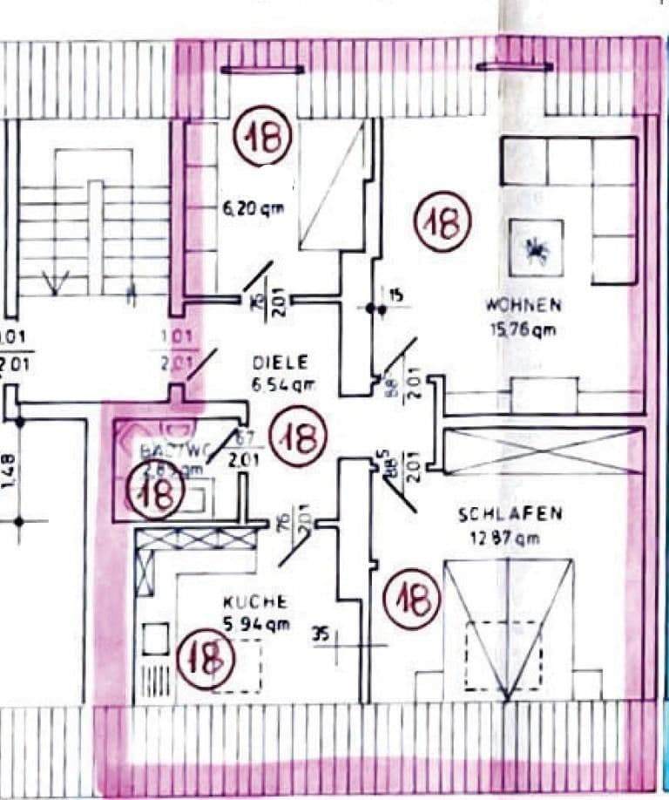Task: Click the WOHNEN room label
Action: click(x=524, y=306)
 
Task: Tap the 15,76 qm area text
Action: click(x=522, y=330)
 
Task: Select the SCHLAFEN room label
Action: click(x=510, y=514)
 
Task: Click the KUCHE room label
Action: click(x=254, y=601)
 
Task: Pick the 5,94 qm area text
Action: click(x=255, y=624)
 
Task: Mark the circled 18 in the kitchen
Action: click(x=206, y=659)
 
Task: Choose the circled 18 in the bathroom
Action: click(x=156, y=493)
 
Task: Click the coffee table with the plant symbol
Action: click(x=535, y=249)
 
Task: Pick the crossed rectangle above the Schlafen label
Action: click(x=544, y=451)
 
